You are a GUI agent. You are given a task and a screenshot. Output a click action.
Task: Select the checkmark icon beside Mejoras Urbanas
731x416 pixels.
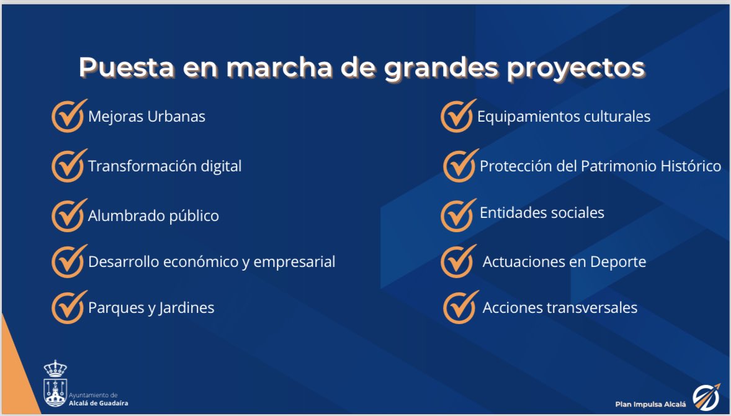(x=68, y=116)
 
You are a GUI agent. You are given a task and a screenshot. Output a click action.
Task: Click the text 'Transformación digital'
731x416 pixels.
(x=164, y=166)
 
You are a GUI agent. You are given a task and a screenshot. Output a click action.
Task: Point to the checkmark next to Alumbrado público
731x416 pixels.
(x=68, y=215)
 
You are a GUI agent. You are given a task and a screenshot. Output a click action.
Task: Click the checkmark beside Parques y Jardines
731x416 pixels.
(x=68, y=307)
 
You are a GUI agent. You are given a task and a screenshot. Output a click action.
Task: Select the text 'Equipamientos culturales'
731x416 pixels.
(x=563, y=116)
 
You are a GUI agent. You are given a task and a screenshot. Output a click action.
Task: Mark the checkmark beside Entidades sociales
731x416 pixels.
(x=457, y=215)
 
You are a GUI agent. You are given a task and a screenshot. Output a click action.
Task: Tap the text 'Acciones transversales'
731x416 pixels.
(x=560, y=308)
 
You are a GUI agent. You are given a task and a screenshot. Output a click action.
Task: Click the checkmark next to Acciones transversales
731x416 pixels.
(x=460, y=307)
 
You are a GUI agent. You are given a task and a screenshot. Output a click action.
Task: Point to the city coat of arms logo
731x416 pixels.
(x=55, y=383)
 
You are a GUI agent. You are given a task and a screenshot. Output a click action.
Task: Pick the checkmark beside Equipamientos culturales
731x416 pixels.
(x=457, y=116)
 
